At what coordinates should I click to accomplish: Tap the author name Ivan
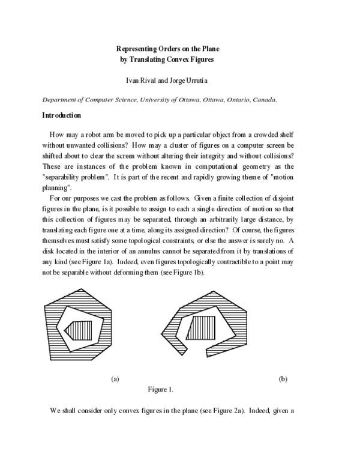point(131,79)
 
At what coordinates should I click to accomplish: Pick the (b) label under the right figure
point(283,379)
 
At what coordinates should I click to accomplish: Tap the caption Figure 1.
point(161,390)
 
